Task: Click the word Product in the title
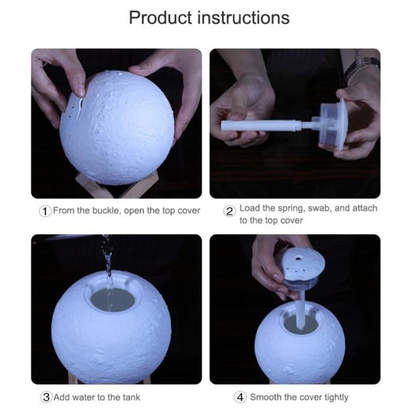[156, 18]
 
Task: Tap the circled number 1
[45, 211]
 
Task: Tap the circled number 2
[230, 211]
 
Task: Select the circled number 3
[46, 397]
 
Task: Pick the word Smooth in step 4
[266, 397]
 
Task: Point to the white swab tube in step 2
[258, 125]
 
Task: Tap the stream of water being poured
[108, 268]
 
